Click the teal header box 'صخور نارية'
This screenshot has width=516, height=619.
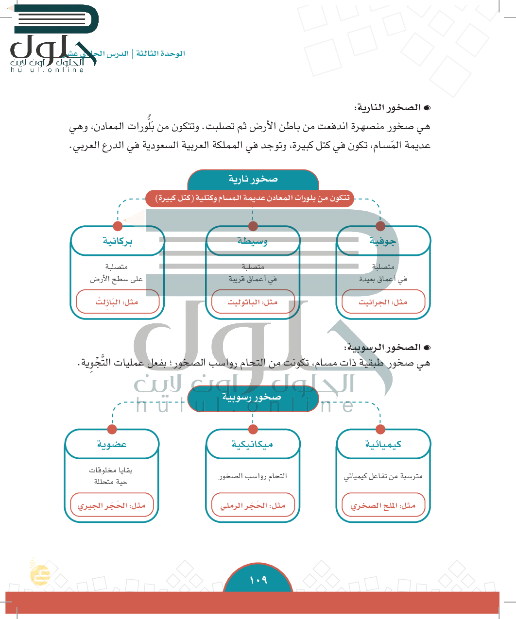(x=253, y=180)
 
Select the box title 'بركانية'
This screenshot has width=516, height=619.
(x=118, y=241)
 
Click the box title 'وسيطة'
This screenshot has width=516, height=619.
(x=253, y=241)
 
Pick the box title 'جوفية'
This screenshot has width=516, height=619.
(x=383, y=241)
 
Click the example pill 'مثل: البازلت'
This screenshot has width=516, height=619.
(x=118, y=302)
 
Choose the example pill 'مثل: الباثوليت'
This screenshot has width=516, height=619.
(x=253, y=302)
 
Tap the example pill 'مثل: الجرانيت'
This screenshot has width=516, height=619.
(x=383, y=302)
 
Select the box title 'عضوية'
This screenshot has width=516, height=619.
(x=112, y=444)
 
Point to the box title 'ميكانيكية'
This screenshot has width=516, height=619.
(x=253, y=444)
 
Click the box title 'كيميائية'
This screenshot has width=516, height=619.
(x=383, y=444)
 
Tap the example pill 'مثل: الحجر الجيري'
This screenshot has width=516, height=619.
(x=112, y=505)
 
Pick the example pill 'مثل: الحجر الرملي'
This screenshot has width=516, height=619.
(x=253, y=505)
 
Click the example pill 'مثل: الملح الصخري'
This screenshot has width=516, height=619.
(x=383, y=505)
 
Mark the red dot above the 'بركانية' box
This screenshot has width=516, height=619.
(x=118, y=226)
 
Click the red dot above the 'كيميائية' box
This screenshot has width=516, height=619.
(x=380, y=429)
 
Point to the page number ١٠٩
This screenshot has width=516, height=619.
(x=258, y=580)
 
